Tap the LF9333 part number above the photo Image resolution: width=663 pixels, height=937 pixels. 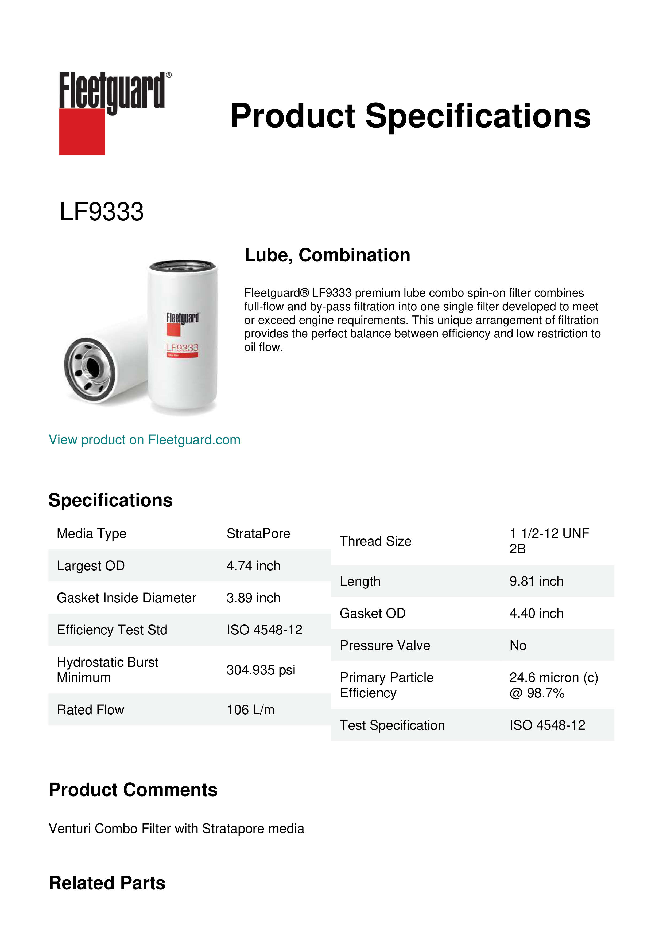coord(102,212)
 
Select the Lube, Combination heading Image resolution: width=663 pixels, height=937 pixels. coord(327,255)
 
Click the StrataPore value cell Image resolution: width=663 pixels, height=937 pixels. coord(258,533)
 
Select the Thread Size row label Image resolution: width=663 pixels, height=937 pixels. coord(375,541)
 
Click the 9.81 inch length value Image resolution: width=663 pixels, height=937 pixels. coord(536,581)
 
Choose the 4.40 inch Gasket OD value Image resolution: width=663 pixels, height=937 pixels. coord(536,613)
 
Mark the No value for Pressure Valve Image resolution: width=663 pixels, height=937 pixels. coord(518,645)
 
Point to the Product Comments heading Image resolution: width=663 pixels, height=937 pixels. coord(133,790)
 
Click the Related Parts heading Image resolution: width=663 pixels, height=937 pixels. coord(107,883)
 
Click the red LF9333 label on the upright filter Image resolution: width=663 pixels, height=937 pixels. coord(182,348)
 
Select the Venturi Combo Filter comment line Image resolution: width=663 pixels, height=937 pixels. coord(176,829)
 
